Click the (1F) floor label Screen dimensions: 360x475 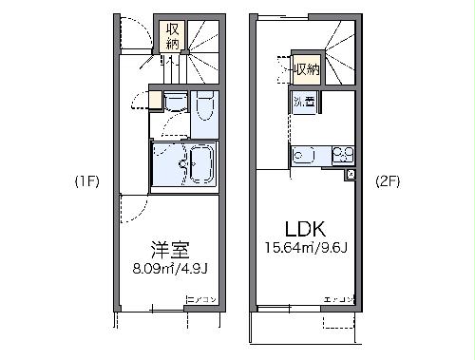tap(85, 180)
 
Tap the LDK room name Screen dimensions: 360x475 tap(305, 230)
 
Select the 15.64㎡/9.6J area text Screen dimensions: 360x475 tap(305, 251)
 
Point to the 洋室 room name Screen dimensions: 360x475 tap(169, 252)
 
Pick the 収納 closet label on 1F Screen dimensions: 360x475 tap(172, 36)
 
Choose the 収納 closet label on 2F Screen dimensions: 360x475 tap(306, 69)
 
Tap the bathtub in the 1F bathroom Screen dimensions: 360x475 tap(194, 165)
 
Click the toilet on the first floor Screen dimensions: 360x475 tap(205, 112)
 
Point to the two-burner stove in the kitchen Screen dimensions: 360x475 tap(341, 155)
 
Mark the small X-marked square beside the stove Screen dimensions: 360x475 tap(351, 175)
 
